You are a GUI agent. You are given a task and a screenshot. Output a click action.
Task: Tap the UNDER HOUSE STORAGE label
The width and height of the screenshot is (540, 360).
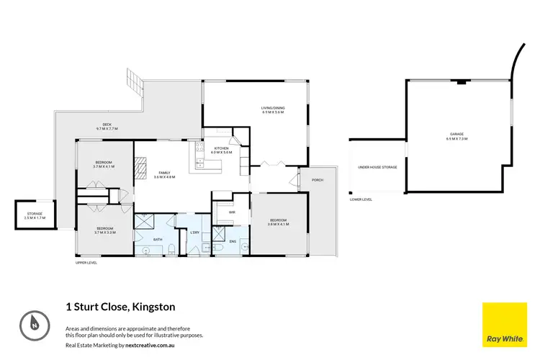point(377,167)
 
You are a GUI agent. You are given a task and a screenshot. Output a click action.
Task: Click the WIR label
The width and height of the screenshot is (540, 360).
point(233,212)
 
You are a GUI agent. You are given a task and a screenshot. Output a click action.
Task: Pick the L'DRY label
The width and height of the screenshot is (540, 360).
point(194,232)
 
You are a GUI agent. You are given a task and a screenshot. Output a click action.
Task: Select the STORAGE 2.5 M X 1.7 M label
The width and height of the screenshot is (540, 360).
point(34,215)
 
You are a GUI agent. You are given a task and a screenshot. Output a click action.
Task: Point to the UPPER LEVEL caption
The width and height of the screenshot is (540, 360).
point(86,263)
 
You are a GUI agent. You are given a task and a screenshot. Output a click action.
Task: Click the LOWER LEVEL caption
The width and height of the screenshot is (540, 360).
point(360,199)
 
